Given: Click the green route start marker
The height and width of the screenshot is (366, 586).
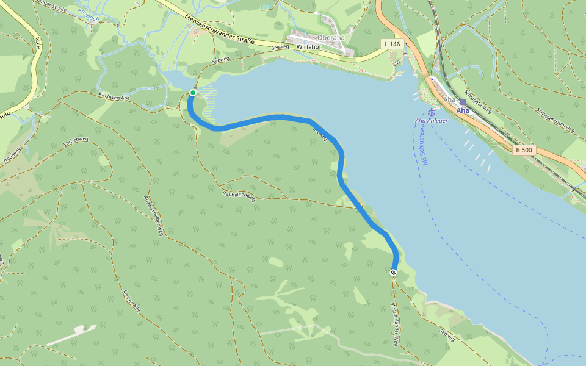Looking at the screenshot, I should click(193, 93).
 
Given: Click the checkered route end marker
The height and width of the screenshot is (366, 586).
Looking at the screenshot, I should click(394, 273).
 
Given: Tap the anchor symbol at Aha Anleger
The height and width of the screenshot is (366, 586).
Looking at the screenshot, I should click(431, 112).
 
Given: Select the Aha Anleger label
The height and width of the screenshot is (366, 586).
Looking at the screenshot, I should click(431, 121).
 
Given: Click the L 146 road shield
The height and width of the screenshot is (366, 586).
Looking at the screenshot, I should click(393, 44).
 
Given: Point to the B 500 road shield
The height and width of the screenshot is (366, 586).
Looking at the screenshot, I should click(523, 150).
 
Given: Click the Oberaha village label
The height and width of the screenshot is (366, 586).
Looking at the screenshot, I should click(330, 37).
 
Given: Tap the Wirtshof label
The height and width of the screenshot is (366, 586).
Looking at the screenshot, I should click(308, 46).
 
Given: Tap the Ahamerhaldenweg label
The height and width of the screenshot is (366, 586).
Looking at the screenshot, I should click(153, 216).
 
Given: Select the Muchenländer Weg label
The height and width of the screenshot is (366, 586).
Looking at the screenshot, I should click(395, 324).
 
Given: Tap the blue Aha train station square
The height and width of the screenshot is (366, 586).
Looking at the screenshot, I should click(463, 102).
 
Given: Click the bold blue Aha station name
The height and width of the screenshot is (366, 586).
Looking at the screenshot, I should click(463, 111).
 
